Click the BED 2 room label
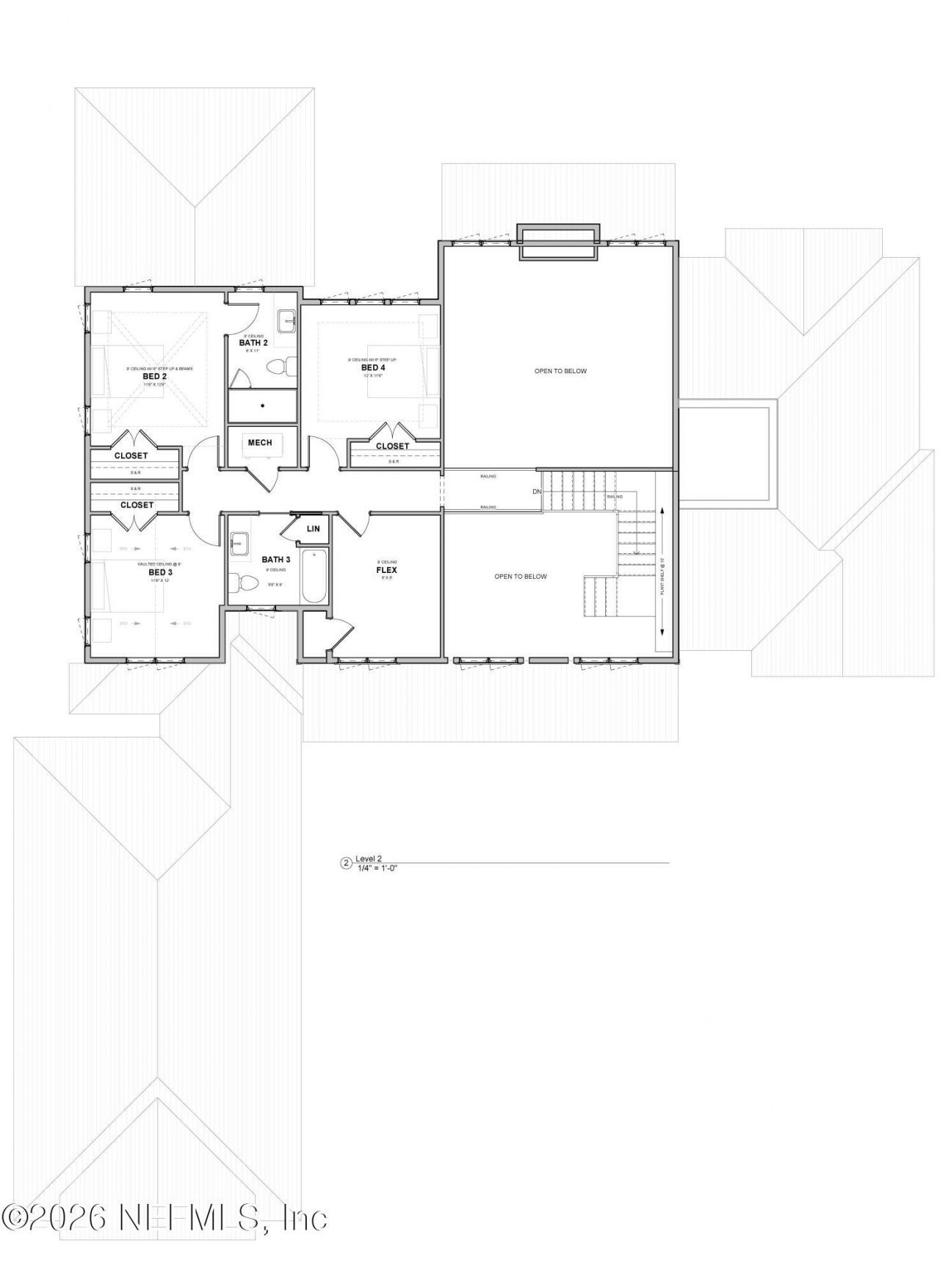click(x=155, y=376)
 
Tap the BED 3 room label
click(x=160, y=572)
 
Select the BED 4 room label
click(x=373, y=367)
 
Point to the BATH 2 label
click(x=253, y=342)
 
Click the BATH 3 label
click(x=276, y=560)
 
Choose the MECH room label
click(x=260, y=442)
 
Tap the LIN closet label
click(x=313, y=529)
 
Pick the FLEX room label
click(x=386, y=569)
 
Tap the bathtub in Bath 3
click(x=313, y=575)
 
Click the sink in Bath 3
click(x=239, y=545)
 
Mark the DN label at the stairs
click(x=537, y=491)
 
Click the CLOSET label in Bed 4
click(x=392, y=446)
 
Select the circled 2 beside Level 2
click(x=346, y=862)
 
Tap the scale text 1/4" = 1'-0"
click(x=377, y=868)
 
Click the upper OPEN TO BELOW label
click(x=560, y=371)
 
